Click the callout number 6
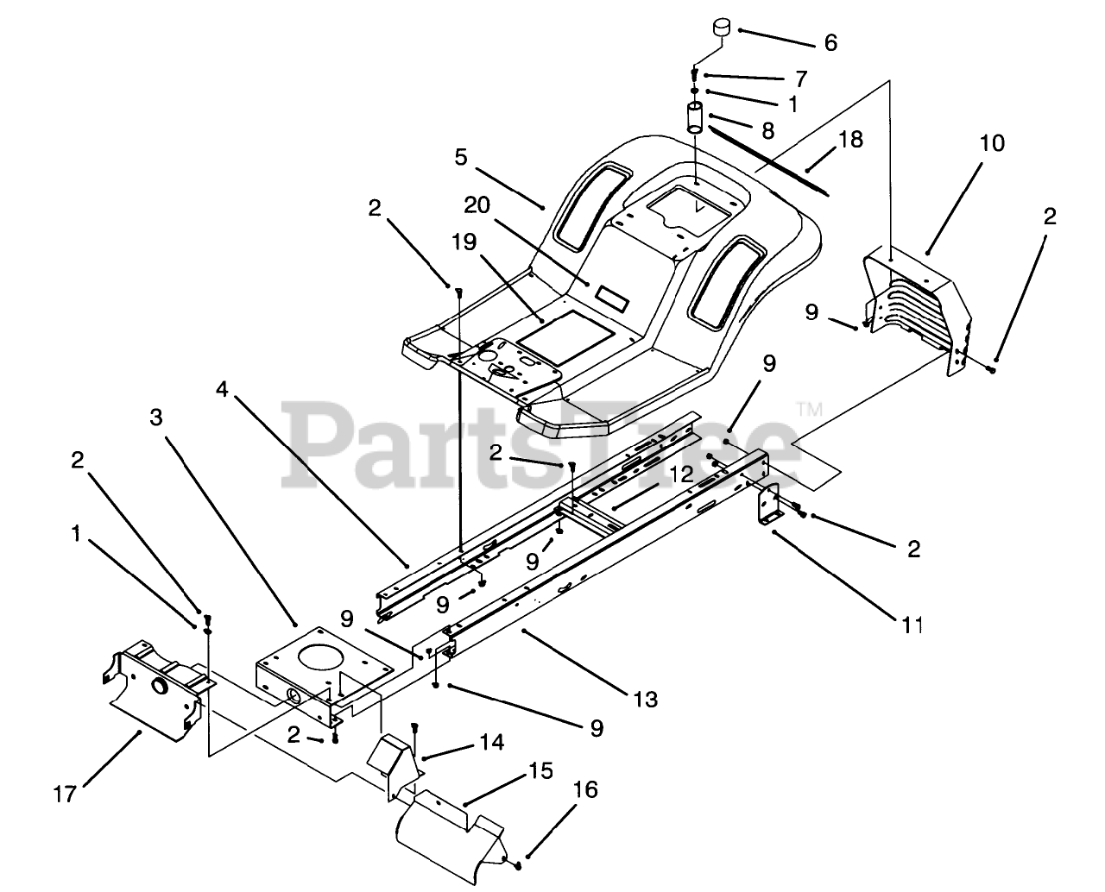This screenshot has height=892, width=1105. coord(830,42)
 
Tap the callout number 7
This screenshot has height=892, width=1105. coord(800,79)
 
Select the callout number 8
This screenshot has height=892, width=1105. coord(767,130)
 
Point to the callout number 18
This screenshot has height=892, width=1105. coord(850,139)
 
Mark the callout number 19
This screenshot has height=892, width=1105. coord(464,242)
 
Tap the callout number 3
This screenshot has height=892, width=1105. coord(155,418)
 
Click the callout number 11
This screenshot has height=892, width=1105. coord(912,624)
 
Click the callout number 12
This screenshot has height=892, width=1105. coord(680,474)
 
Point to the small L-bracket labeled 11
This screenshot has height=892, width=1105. coord(767,507)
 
